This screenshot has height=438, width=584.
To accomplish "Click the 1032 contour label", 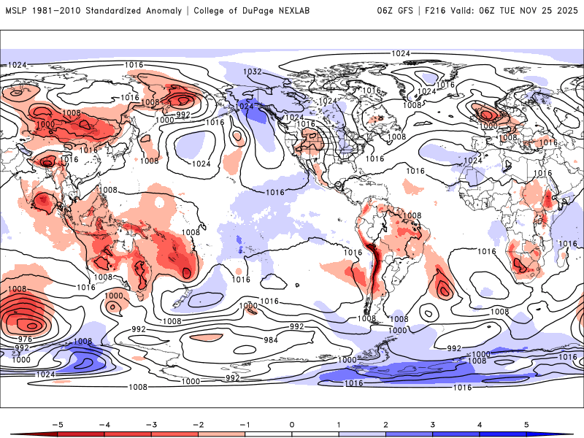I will (x=253, y=72).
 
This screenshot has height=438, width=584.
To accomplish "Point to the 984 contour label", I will (x=270, y=340).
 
